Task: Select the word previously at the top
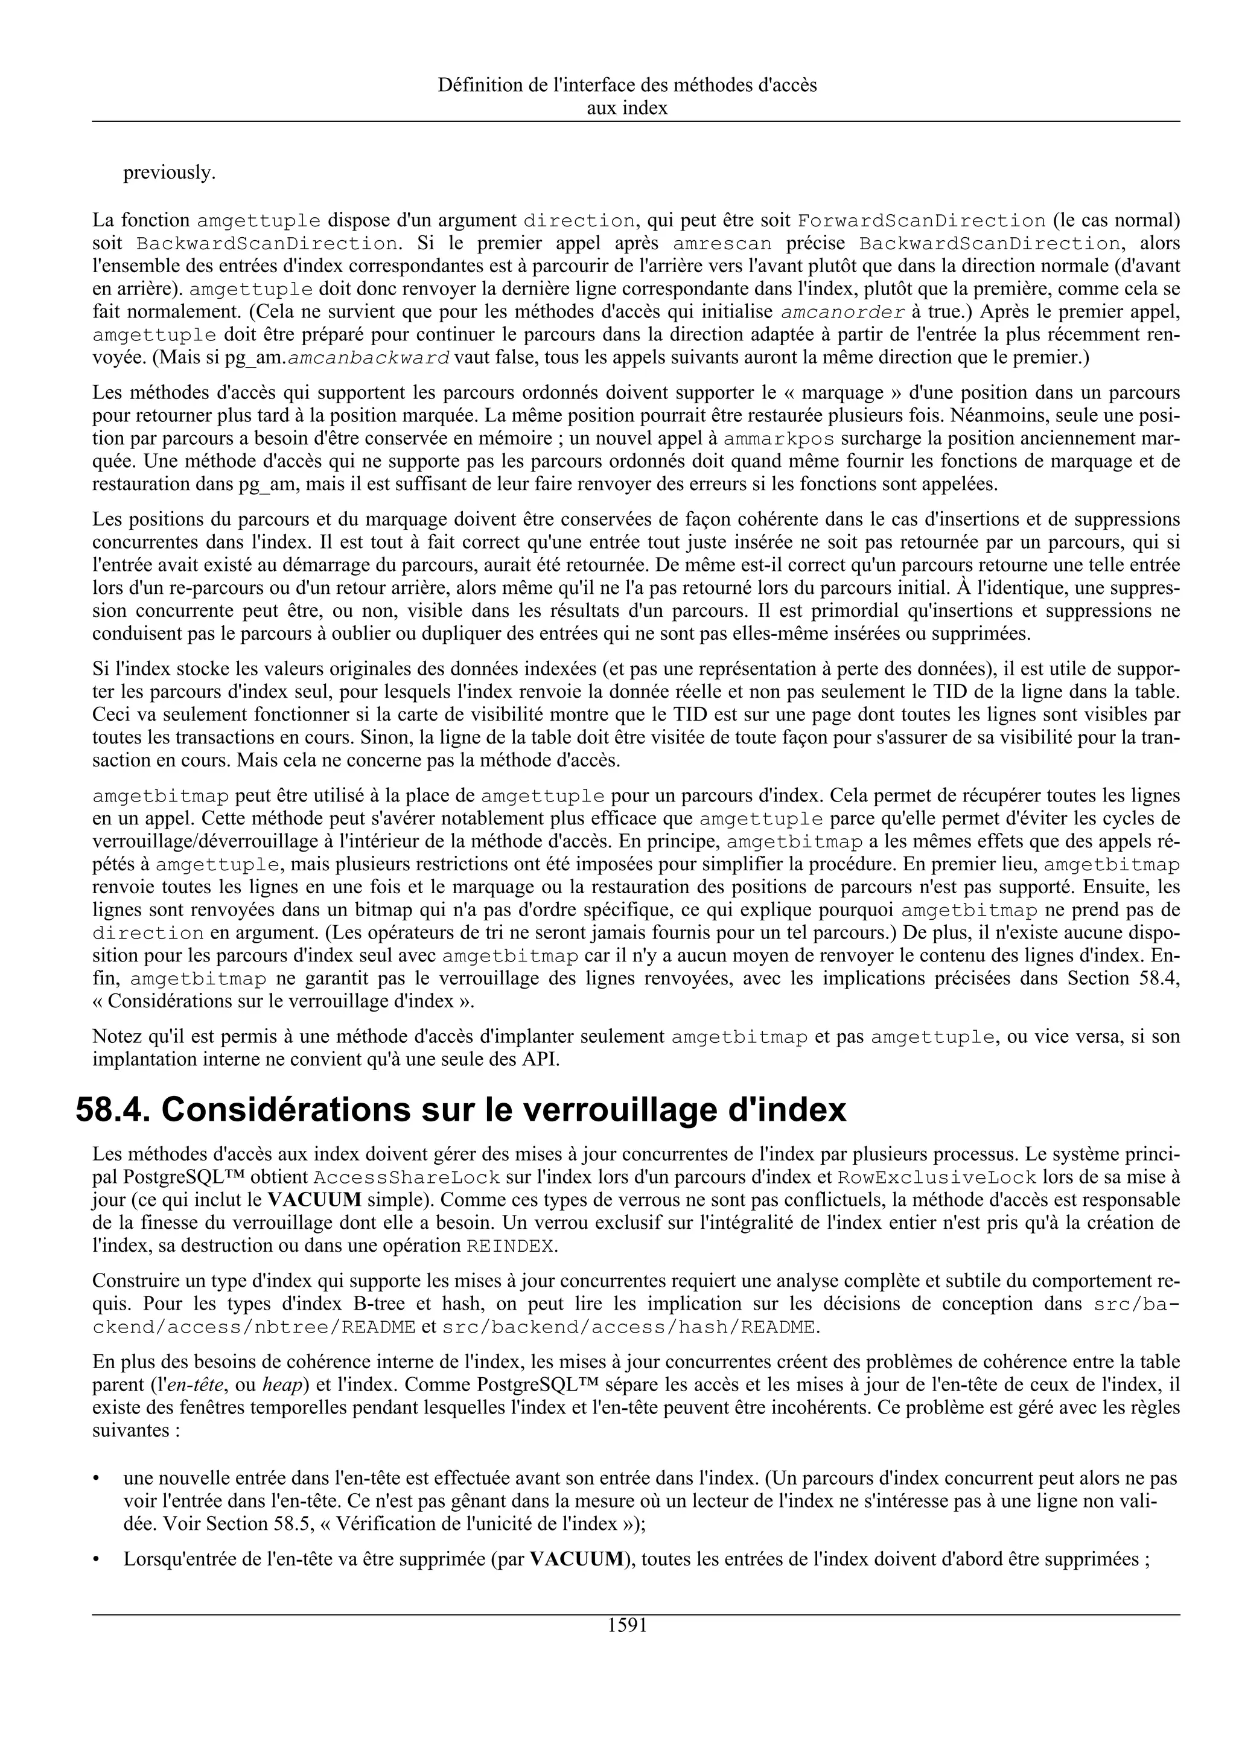[x=169, y=173]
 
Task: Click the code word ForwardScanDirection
[x=921, y=221]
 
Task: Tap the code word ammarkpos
[x=779, y=439]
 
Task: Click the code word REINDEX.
[x=512, y=1246]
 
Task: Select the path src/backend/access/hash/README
[x=629, y=1327]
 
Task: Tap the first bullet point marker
[x=96, y=1479]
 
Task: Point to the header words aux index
[x=627, y=108]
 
